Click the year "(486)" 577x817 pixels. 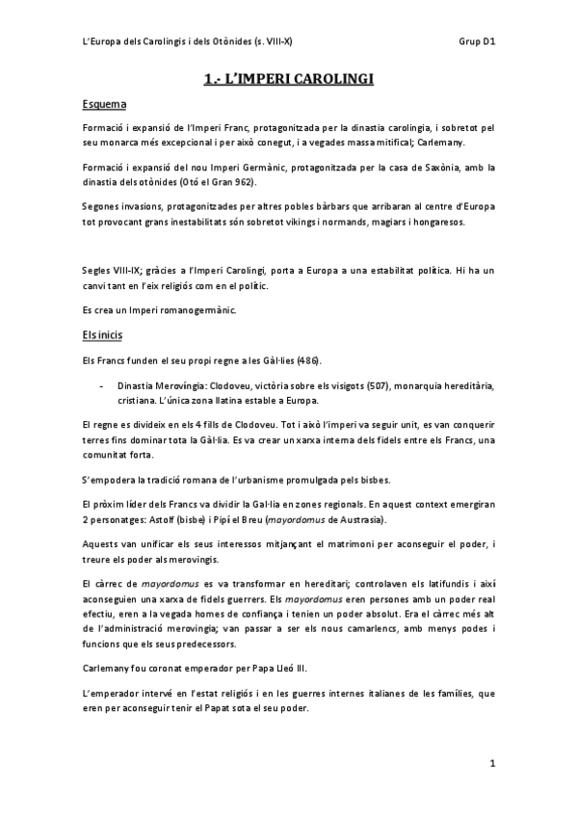click(291, 360)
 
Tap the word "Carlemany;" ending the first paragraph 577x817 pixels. click(463, 143)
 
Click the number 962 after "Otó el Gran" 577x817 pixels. click(249, 182)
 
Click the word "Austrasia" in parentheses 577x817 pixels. click(354, 519)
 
